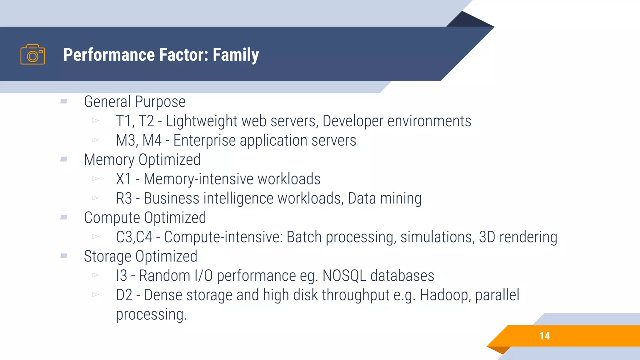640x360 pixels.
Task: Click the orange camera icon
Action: pos(32,55)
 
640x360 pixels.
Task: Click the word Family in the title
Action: pos(236,55)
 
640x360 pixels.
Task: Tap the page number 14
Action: pos(544,336)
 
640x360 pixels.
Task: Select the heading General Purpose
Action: pos(135,102)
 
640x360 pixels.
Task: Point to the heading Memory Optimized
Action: pos(142,160)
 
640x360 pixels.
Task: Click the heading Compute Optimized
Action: pos(145,218)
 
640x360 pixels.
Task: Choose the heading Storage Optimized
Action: pos(141,257)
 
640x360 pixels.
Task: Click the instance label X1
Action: pos(123,179)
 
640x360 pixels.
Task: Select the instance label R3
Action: pos(124,199)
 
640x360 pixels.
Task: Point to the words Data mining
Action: pos(384,199)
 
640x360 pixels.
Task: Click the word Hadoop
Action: pos(445,295)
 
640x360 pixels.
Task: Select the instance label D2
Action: pos(124,295)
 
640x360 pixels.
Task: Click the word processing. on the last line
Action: pos(151,315)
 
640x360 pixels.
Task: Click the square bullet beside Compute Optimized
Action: pos(64,217)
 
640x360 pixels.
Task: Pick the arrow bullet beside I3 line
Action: pos(96,275)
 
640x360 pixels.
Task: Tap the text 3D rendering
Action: pos(518,237)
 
